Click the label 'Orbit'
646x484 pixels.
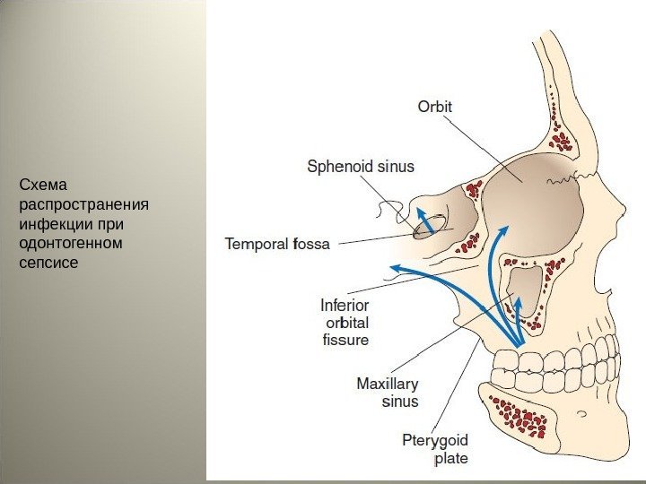point(435,107)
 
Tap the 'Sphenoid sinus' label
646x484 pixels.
point(361,166)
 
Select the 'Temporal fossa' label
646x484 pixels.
point(277,243)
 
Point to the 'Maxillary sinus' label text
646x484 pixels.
point(388,393)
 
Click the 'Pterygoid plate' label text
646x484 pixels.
point(434,449)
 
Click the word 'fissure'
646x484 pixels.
point(345,340)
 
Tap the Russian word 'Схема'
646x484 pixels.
point(44,186)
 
